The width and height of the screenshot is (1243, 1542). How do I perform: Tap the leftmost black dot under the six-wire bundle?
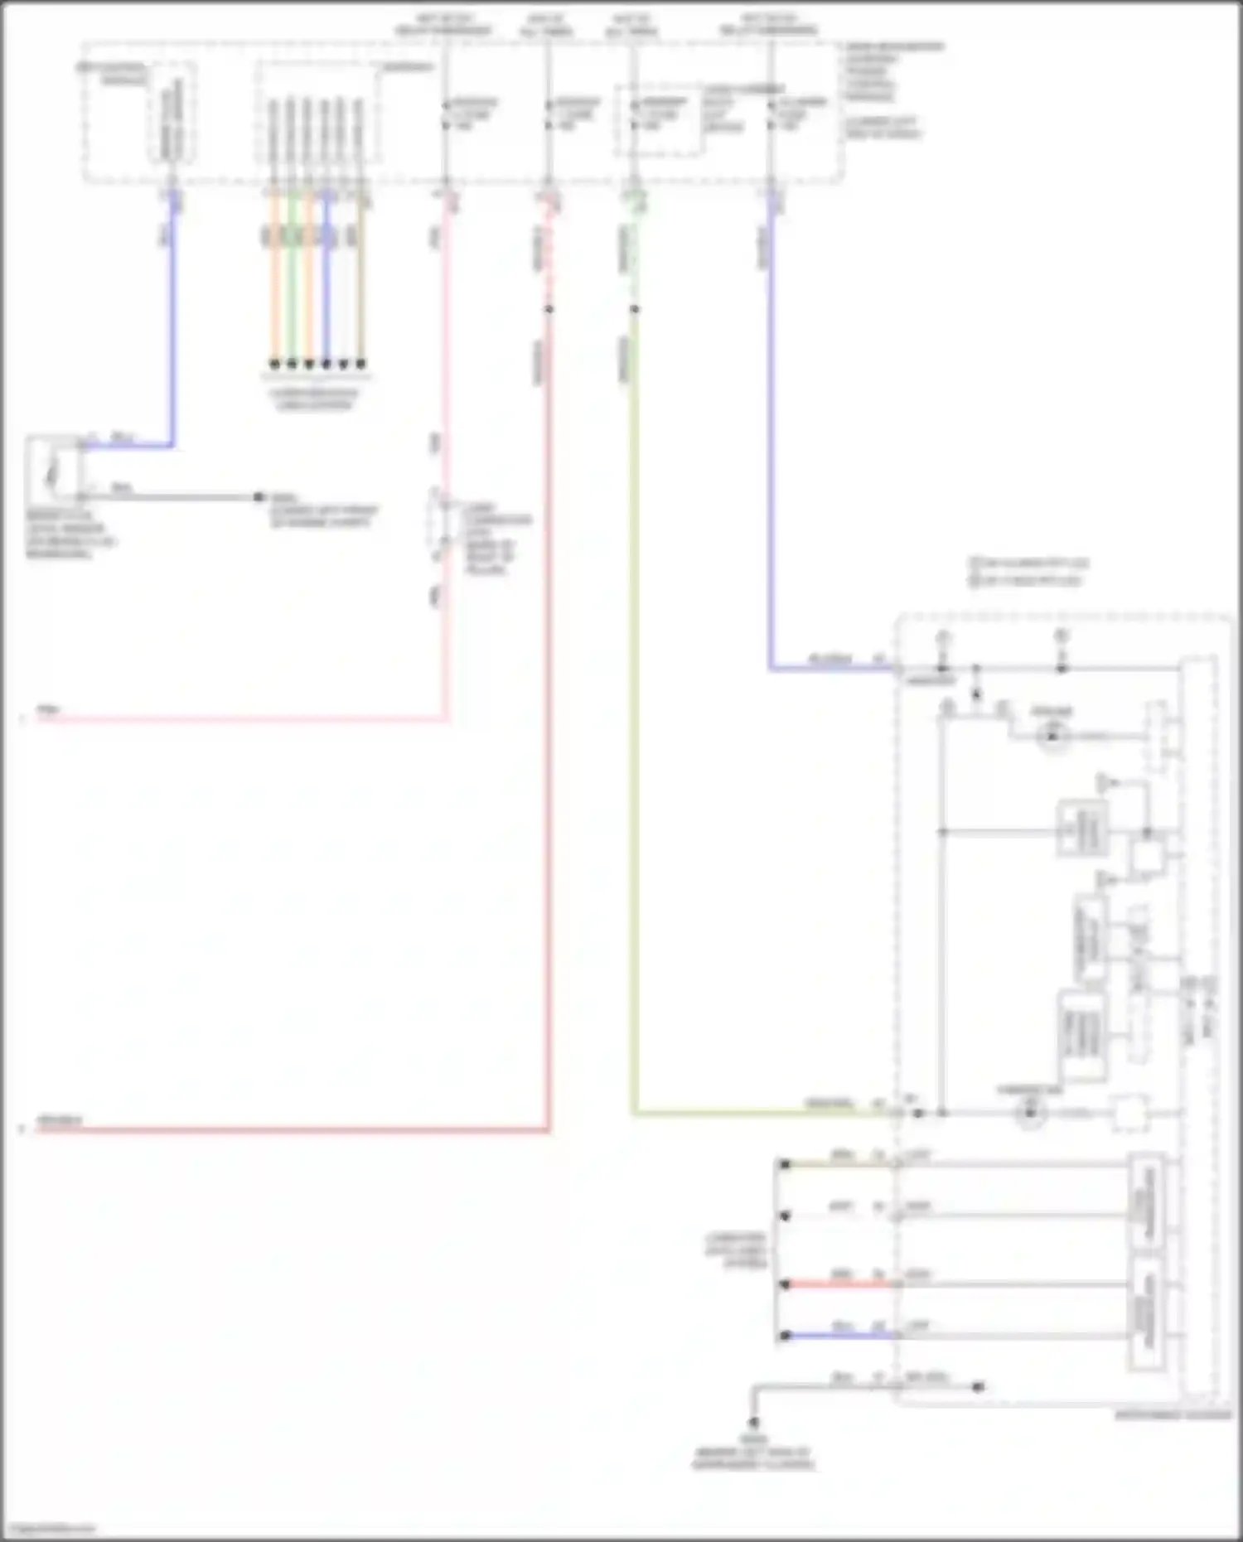tap(274, 363)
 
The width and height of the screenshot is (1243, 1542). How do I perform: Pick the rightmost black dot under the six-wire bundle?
tap(360, 363)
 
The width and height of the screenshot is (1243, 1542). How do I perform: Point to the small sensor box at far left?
tap(54, 471)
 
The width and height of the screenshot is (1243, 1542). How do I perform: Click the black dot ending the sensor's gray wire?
tap(259, 497)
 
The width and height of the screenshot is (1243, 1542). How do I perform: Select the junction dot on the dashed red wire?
tap(549, 309)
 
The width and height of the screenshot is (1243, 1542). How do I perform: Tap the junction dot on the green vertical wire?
tap(634, 309)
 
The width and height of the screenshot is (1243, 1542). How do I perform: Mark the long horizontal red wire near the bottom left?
tap(290, 1129)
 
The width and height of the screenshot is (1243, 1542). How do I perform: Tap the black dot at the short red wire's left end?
tap(785, 1284)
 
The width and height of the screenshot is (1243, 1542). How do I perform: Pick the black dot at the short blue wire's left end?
tap(785, 1336)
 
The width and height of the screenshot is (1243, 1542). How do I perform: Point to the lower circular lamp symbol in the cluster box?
tap(1030, 1113)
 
